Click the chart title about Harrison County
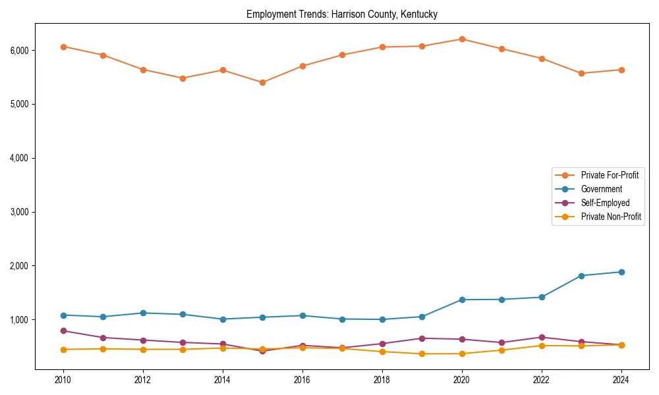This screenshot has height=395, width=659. [341, 14]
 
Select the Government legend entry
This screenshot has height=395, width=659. [601, 189]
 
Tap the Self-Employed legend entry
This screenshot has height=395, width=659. [605, 203]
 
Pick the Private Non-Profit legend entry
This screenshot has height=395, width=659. [611, 217]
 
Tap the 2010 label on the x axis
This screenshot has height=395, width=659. [63, 380]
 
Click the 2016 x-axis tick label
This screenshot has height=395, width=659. [302, 380]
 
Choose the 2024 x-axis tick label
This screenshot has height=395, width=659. [621, 380]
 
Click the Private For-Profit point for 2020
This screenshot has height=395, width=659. [462, 39]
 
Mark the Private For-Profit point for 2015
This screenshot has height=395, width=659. [262, 82]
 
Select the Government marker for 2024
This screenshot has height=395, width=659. [621, 272]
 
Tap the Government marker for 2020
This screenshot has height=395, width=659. [462, 300]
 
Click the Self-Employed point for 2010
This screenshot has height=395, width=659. [63, 330]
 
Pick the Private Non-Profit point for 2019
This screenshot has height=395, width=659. [422, 354]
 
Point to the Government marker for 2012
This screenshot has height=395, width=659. [143, 313]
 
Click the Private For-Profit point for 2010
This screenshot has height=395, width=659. [63, 47]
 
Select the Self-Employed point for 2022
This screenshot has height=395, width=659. [542, 337]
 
